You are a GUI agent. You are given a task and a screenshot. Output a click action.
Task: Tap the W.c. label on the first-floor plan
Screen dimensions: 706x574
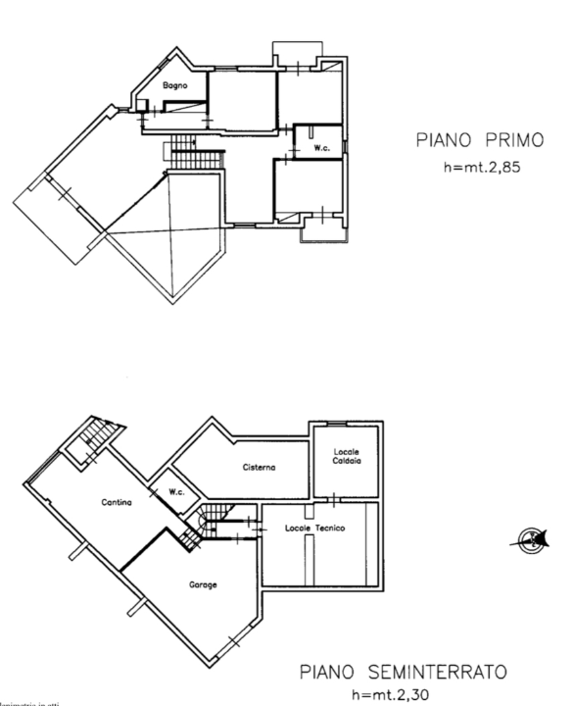tap(320, 148)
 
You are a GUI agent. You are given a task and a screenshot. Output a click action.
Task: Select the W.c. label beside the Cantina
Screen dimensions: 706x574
tap(176, 492)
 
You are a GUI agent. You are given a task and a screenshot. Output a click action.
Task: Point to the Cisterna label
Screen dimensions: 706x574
tap(259, 468)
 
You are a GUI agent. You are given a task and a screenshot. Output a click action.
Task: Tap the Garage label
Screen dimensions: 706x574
tap(203, 584)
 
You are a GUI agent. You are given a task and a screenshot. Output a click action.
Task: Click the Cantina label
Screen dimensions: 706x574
tap(117, 503)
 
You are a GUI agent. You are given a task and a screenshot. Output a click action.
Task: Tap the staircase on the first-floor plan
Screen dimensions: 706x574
tap(183, 149)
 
